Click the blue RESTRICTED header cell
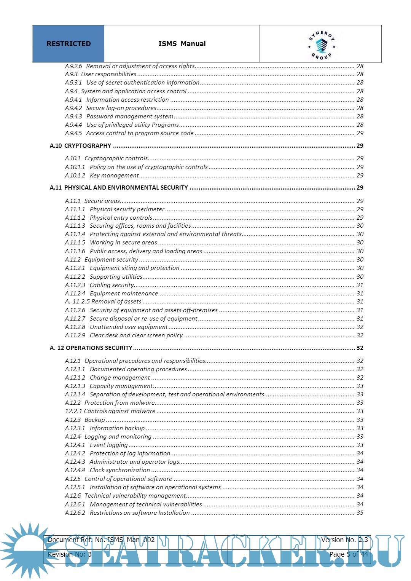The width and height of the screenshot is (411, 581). (68, 44)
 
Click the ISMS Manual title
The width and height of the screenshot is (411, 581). (182, 44)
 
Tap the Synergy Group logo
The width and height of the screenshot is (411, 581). (322, 45)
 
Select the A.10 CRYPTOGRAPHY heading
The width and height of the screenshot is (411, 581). (80, 146)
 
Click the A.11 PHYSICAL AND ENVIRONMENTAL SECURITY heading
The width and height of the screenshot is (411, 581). (119, 188)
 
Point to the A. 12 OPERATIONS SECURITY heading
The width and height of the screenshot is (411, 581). (91, 348)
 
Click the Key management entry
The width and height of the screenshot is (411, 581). (114, 176)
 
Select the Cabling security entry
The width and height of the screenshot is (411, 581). (112, 285)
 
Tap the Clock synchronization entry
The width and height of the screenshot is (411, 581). (119, 470)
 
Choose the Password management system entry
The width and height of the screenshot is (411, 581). (129, 117)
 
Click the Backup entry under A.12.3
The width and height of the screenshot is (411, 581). (94, 420)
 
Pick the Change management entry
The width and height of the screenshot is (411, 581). (120, 378)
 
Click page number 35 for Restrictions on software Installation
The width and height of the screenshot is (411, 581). (360, 513)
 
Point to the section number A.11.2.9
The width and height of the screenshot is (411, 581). (75, 335)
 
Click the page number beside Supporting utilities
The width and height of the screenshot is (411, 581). (360, 277)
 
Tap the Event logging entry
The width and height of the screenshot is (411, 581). (108, 445)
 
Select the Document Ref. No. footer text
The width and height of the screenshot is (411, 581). (101, 540)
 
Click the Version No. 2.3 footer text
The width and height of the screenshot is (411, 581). (344, 540)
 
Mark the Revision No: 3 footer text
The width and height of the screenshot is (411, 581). (70, 554)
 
